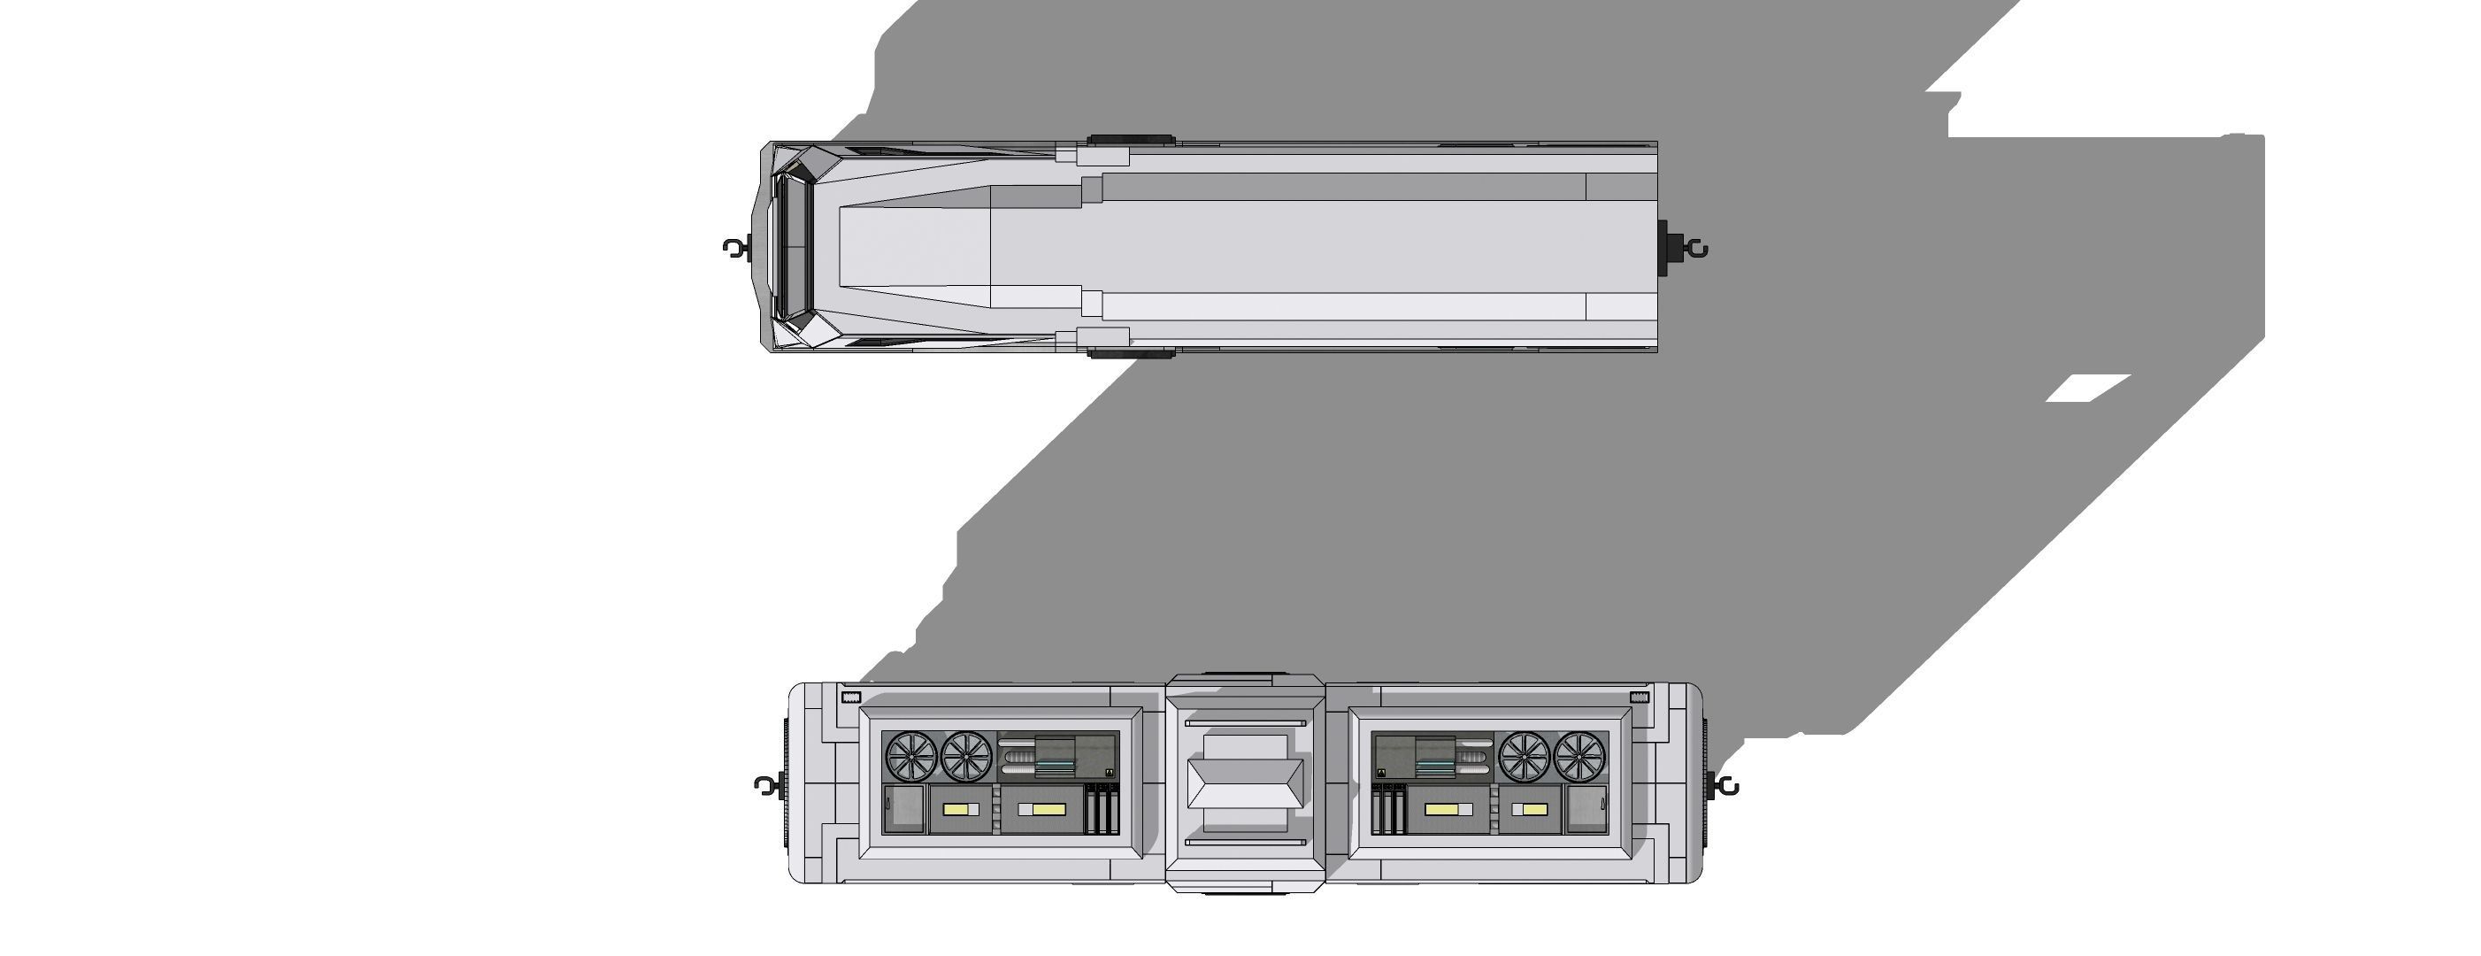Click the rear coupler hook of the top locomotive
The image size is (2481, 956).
pyautogui.click(x=1696, y=250)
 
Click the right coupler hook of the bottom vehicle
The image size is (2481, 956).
pyautogui.click(x=1727, y=786)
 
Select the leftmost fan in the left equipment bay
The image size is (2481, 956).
pyautogui.click(x=911, y=757)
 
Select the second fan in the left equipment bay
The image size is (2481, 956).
pyautogui.click(x=966, y=757)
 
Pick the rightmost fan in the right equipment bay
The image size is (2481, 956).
pyautogui.click(x=1580, y=757)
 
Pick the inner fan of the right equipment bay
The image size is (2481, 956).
pyautogui.click(x=1525, y=757)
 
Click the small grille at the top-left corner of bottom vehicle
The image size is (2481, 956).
pyautogui.click(x=851, y=697)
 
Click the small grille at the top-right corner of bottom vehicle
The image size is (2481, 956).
pyautogui.click(x=1640, y=697)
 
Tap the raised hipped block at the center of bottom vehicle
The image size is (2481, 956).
pyautogui.click(x=1244, y=783)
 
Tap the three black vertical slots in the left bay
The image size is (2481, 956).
pyautogui.click(x=1102, y=810)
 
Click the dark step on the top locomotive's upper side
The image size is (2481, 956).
pyautogui.click(x=1131, y=141)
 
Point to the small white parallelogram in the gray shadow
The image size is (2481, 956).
pyautogui.click(x=2087, y=389)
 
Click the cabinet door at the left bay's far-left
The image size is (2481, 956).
pyautogui.click(x=903, y=810)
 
